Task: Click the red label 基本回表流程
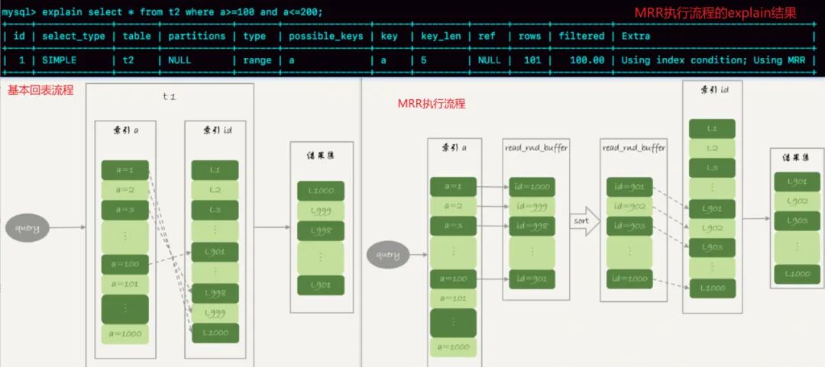(x=40, y=90)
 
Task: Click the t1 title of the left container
(x=170, y=98)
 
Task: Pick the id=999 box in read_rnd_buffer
(x=532, y=207)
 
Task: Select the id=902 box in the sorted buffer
(x=630, y=207)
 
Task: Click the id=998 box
(x=532, y=227)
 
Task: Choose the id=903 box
(x=630, y=227)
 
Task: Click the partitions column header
(x=196, y=36)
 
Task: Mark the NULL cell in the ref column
(x=489, y=60)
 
